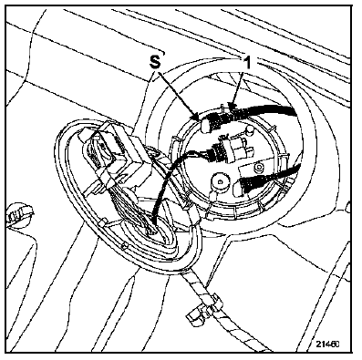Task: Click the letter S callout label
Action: pyautogui.click(x=155, y=62)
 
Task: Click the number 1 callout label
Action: pyautogui.click(x=248, y=63)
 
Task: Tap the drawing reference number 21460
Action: pyautogui.click(x=327, y=344)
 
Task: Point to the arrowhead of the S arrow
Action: pyautogui.click(x=197, y=118)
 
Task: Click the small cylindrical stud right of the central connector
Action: pyautogui.click(x=250, y=131)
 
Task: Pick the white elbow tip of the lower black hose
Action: pyautogui.click(x=238, y=188)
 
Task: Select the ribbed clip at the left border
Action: pyautogui.click(x=18, y=213)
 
